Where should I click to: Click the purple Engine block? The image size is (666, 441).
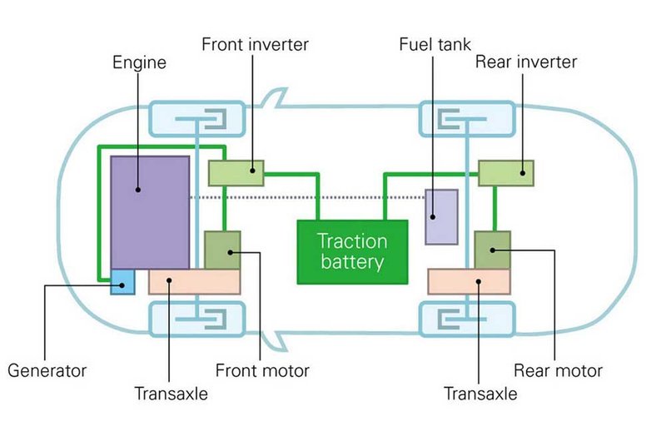pyautogui.click(x=150, y=211)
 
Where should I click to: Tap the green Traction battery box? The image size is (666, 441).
pyautogui.click(x=352, y=250)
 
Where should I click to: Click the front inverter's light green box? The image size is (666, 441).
pyautogui.click(x=236, y=172)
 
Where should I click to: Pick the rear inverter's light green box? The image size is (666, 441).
pyautogui.click(x=506, y=172)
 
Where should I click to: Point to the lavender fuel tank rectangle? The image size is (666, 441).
pyautogui.click(x=441, y=216)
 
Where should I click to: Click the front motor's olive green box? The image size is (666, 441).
pyautogui.click(x=222, y=250)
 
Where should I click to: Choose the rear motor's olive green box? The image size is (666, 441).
pyautogui.click(x=492, y=250)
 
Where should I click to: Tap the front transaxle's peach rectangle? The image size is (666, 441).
pyautogui.click(x=194, y=282)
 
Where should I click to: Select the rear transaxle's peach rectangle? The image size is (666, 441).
pyautogui.click(x=468, y=282)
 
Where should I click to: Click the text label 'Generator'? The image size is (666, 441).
pyautogui.click(x=47, y=370)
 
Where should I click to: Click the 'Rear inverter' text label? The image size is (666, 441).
pyautogui.click(x=525, y=62)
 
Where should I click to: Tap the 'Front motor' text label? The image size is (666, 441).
pyautogui.click(x=262, y=370)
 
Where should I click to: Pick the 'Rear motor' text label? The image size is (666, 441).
pyautogui.click(x=558, y=370)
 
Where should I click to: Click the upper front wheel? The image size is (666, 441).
pyautogui.click(x=196, y=119)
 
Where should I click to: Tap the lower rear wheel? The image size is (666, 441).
pyautogui.click(x=467, y=320)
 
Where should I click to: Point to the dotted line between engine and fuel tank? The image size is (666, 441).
pyautogui.click(x=308, y=197)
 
